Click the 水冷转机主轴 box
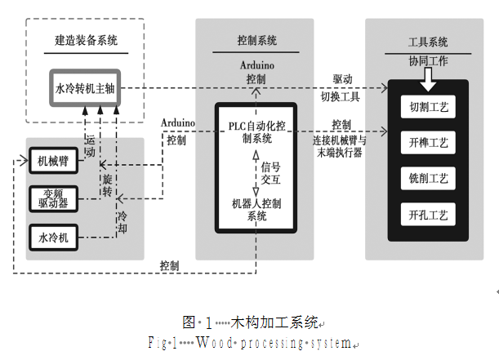[x=87, y=87]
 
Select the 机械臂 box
[x=53, y=161]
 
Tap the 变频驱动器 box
[x=53, y=198]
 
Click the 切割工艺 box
[x=428, y=107]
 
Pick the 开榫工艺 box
[x=428, y=143]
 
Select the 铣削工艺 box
[x=428, y=179]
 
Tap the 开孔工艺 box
[x=428, y=216]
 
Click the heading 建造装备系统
[x=85, y=39]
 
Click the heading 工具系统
[x=428, y=42]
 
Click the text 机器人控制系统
[x=256, y=209]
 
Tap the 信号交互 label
[x=270, y=173]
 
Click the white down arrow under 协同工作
[x=428, y=80]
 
